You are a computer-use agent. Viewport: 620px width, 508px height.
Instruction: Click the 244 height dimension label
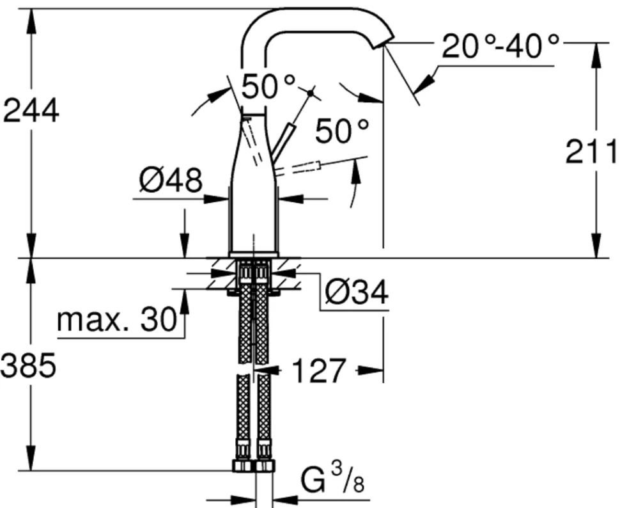(31, 111)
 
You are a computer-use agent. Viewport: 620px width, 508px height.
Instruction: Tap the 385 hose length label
(29, 366)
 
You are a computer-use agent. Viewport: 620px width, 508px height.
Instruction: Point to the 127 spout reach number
(319, 371)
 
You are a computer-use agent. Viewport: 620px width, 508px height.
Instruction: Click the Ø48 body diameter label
(171, 180)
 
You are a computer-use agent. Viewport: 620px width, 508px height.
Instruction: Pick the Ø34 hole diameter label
(357, 293)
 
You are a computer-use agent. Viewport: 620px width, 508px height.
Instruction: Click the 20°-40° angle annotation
(500, 46)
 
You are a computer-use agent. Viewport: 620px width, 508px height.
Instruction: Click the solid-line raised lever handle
(283, 142)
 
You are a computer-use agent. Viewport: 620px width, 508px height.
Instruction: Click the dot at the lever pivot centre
(311, 93)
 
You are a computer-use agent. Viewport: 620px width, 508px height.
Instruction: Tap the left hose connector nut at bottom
(242, 465)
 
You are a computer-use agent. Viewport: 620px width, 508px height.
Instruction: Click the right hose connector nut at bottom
(264, 465)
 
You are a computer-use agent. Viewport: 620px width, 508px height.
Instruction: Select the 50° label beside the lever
(342, 131)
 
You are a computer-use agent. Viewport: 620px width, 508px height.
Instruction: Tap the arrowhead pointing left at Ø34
(284, 273)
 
